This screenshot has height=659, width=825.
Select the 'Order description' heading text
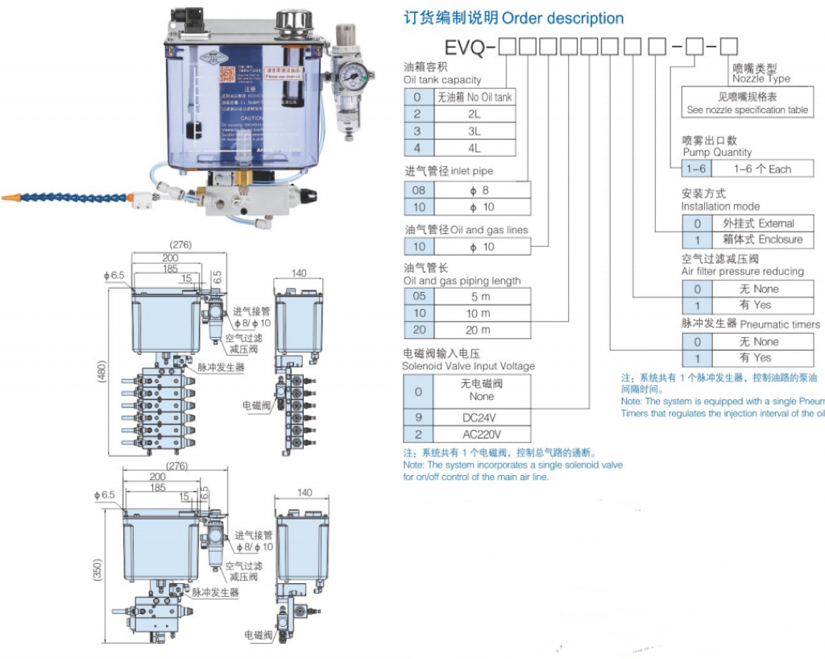(562, 18)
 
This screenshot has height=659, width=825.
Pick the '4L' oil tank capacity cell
(474, 148)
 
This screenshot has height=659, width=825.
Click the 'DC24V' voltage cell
(482, 418)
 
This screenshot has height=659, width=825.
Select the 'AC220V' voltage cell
(482, 434)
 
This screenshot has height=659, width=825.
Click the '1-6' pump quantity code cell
(695, 169)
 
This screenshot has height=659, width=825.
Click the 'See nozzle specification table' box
(747, 103)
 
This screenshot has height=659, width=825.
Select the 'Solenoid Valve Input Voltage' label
(469, 366)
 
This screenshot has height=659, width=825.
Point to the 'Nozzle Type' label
(761, 79)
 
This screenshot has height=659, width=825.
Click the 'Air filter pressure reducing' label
(742, 272)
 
